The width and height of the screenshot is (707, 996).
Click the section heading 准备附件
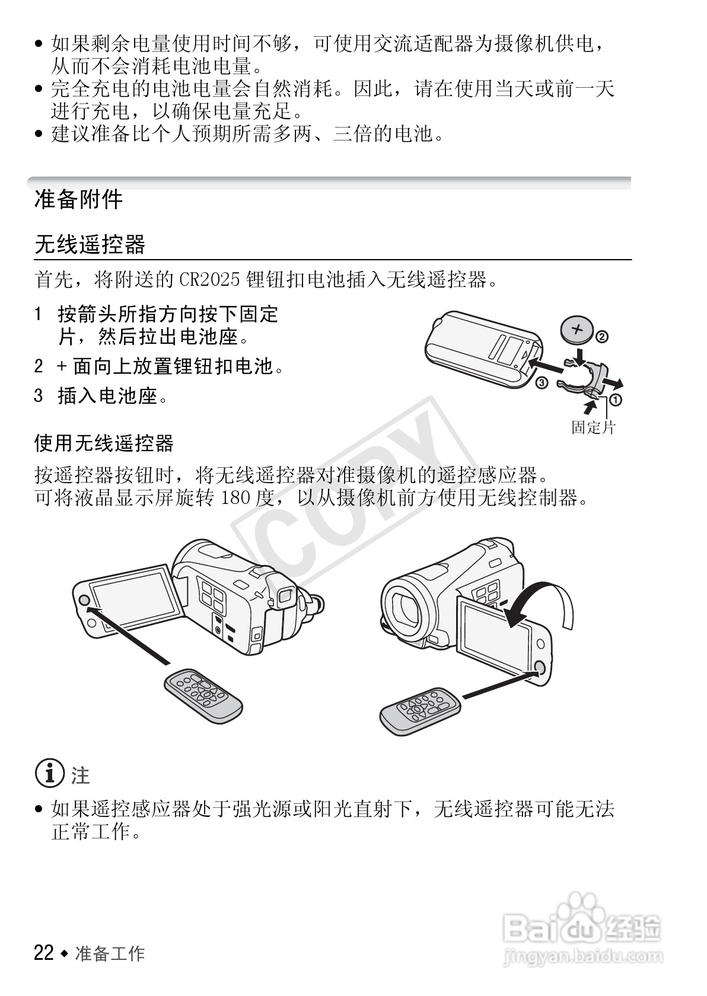(x=78, y=200)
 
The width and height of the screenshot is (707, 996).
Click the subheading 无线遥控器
(x=90, y=244)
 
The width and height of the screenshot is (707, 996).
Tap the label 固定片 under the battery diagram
(x=593, y=427)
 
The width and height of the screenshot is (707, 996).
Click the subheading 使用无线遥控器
(x=104, y=443)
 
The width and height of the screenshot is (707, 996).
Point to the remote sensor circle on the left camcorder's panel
(x=84, y=600)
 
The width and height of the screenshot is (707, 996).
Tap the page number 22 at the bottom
(x=44, y=953)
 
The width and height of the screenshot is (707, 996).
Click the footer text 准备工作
(x=110, y=953)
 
